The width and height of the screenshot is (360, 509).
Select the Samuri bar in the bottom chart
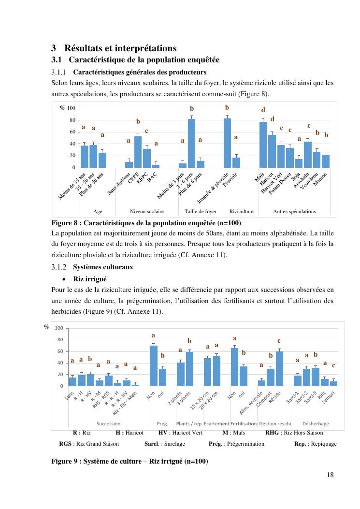333,383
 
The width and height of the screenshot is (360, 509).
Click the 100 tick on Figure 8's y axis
71,108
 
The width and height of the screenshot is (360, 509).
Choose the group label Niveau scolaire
147,211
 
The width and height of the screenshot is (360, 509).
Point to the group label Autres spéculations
294,211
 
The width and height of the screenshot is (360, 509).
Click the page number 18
330,475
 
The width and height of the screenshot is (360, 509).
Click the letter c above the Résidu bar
279,341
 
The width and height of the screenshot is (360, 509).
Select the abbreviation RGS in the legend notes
65,444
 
